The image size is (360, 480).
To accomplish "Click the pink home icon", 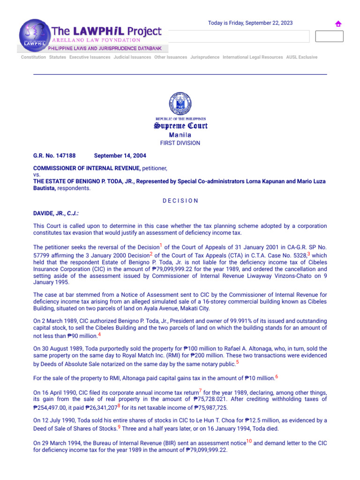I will (x=338, y=24).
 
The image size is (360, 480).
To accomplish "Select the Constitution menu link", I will (x=33, y=57).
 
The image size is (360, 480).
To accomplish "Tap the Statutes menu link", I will (x=58, y=57).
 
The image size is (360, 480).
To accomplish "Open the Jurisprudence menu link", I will (x=205, y=57).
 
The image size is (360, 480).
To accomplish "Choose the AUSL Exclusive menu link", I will (x=301, y=57).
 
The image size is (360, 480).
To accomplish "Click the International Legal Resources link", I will (x=253, y=57).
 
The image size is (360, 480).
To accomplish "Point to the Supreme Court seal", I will (x=180, y=105).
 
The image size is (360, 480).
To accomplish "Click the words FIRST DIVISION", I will (x=180, y=143).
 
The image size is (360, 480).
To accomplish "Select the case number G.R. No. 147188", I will (x=54, y=156).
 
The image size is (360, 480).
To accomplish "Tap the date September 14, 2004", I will (x=120, y=156).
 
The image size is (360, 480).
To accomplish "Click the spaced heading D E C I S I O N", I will (x=180, y=201).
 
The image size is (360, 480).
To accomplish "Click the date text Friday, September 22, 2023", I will (x=250, y=23).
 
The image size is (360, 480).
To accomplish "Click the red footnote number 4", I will (x=99, y=335).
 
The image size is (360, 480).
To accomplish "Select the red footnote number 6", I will (x=277, y=376).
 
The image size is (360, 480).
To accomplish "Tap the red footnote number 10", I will (x=249, y=441).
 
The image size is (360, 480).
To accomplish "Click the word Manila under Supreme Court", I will (x=180, y=135).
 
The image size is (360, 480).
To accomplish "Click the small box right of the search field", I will (x=329, y=36).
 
